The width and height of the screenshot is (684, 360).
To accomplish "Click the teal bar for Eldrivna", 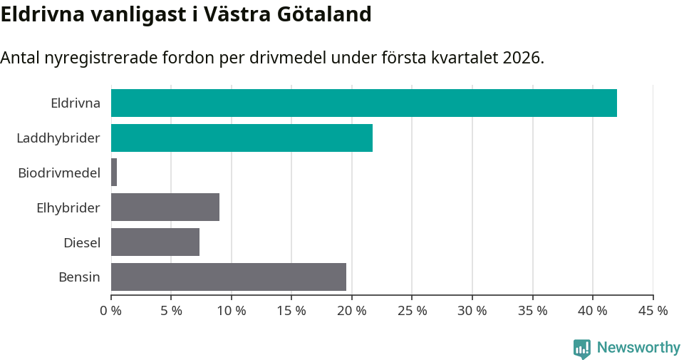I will pyautogui.click(x=363, y=103).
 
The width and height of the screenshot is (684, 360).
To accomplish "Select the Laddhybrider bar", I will pyautogui.click(x=242, y=138).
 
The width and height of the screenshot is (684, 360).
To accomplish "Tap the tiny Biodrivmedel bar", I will pyautogui.click(x=114, y=173).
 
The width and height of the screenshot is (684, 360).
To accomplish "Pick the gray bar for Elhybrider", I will pyautogui.click(x=165, y=207).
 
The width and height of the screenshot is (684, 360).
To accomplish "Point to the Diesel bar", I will pyautogui.click(x=155, y=242).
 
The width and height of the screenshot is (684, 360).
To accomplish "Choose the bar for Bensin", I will pyautogui.click(x=229, y=277).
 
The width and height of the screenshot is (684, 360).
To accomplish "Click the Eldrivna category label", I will pyautogui.click(x=75, y=103).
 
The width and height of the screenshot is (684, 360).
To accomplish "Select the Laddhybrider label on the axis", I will pyautogui.click(x=58, y=138).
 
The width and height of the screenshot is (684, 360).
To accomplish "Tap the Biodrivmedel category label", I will pyautogui.click(x=58, y=173).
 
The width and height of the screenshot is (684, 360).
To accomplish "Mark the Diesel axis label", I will pyautogui.click(x=81, y=243).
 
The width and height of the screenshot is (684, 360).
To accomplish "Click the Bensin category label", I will pyautogui.click(x=79, y=277).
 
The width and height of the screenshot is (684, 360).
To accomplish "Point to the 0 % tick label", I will pyautogui.click(x=111, y=311).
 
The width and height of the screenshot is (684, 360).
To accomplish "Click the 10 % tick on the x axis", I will pyautogui.click(x=232, y=311).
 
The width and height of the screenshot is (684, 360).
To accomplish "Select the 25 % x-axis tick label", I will pyautogui.click(x=412, y=311).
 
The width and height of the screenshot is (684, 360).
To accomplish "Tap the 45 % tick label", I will pyautogui.click(x=653, y=311).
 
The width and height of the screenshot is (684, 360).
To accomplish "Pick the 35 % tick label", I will pyautogui.click(x=532, y=311).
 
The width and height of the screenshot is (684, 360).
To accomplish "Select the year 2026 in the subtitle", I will pyautogui.click(x=522, y=58).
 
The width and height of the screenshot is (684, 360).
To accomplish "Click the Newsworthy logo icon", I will pyautogui.click(x=582, y=348).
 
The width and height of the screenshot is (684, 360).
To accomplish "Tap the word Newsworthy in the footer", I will pyautogui.click(x=638, y=348).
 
